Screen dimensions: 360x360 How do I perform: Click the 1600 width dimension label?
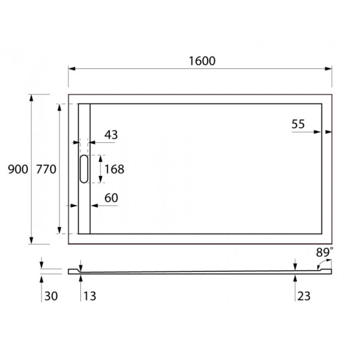[x=201, y=60]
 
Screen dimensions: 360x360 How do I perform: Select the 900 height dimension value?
[x=18, y=170]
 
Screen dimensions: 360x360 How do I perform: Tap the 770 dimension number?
[x=46, y=170]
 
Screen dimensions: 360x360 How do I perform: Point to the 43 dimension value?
[x=111, y=135]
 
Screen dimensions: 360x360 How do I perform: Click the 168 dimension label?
[x=114, y=169]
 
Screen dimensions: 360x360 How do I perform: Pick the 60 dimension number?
[x=111, y=198]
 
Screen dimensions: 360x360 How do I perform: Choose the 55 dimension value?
[x=298, y=124]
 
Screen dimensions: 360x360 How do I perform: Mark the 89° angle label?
[x=325, y=253]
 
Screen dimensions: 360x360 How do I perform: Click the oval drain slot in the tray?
[x=84, y=169]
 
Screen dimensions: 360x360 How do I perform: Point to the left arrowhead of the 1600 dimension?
[x=71, y=68]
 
